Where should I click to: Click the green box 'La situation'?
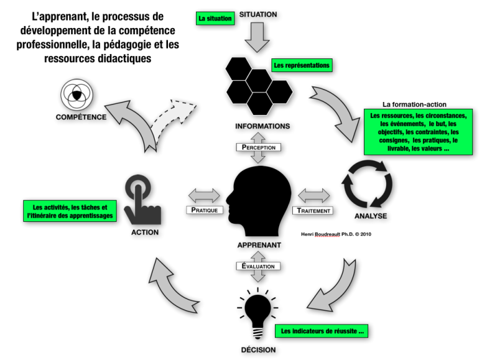tap(215, 19)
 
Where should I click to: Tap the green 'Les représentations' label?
tap(302, 65)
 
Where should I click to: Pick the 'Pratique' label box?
tap(203, 210)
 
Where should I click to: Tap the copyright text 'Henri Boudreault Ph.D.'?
tap(336, 234)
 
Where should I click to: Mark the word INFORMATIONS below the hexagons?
tap(262, 126)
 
